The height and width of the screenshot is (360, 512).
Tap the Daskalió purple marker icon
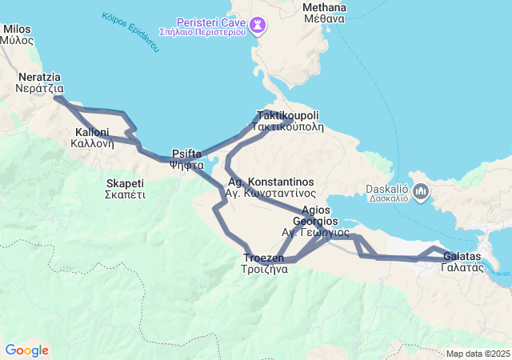point(422,191)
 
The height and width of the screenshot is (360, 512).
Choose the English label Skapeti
point(125,183)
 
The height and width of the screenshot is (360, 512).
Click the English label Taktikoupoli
point(288,115)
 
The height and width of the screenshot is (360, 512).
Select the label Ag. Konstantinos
point(270,182)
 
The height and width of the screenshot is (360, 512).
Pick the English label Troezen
point(264,258)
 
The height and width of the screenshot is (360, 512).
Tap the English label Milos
point(17,29)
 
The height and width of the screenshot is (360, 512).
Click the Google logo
point(26,350)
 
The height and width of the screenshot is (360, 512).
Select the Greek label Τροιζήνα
point(264,269)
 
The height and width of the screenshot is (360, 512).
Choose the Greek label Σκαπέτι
point(125,194)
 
